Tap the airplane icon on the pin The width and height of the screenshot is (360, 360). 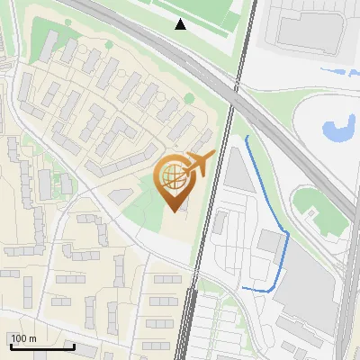point(199,164)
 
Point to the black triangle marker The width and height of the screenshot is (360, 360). point(181,24)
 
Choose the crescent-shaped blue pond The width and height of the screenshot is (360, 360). point(340,130)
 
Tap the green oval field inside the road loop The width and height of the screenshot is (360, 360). point(320,207)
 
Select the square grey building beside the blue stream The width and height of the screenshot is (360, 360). point(269,241)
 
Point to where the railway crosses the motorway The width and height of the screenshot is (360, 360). point(237,91)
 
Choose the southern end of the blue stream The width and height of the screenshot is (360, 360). point(244,288)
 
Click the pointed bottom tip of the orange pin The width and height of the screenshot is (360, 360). point(174,211)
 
